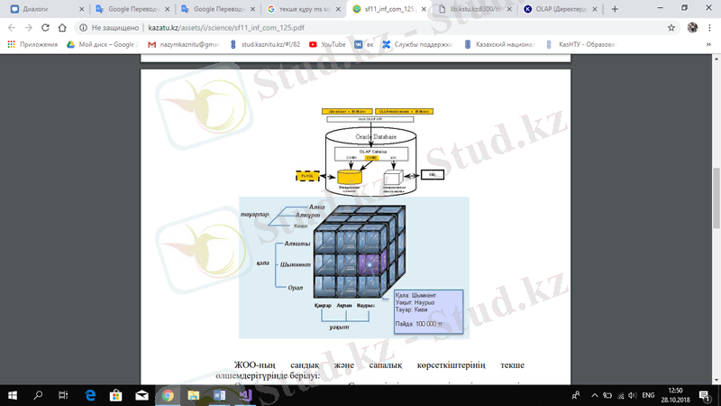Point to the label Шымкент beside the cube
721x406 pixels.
pos(297,265)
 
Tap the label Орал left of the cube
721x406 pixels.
pos(295,287)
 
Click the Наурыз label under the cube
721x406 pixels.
pos(366,306)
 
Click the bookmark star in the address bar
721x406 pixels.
pos(671,27)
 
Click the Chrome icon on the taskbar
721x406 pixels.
pos(168,395)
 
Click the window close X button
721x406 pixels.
pos(704,8)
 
